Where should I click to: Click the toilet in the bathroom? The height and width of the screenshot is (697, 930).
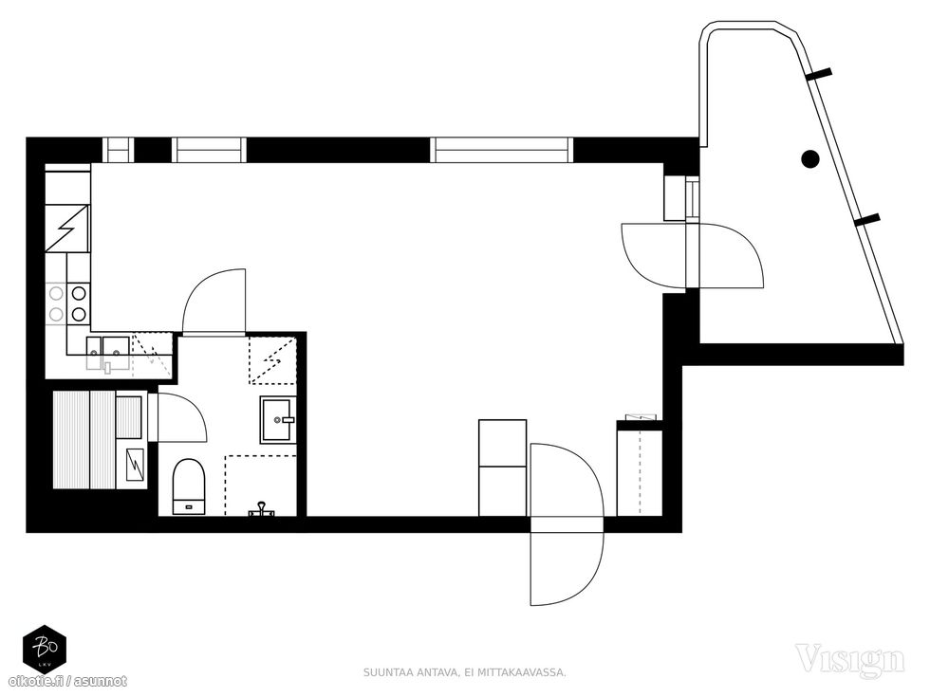coord(189,486)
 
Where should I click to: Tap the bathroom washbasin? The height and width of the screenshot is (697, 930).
coord(277,420)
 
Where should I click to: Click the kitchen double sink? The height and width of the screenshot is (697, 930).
coord(108,350)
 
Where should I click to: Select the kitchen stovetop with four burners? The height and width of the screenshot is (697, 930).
coord(67,303)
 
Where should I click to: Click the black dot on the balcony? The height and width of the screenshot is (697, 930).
coord(810,159)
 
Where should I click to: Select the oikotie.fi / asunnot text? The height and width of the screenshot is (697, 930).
coord(67,682)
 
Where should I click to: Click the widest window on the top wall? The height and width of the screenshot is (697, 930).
coord(502,150)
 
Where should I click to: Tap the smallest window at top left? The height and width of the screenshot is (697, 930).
coord(118,150)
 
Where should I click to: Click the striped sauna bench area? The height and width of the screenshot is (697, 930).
coord(84,440)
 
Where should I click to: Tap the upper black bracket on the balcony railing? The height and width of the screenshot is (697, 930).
coord(818,74)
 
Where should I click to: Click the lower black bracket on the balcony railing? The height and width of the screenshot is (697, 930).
coord(867,220)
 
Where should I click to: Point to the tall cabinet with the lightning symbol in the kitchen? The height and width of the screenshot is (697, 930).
coord(68,229)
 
